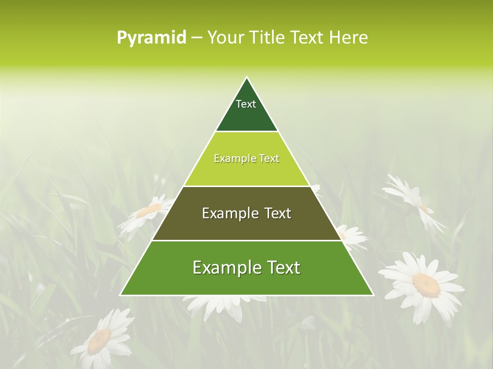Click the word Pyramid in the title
coord(151,38)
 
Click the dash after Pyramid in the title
coord(196,38)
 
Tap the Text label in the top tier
coord(246,104)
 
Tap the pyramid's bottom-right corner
coord(373,295)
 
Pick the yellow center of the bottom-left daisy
coord(100,340)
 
